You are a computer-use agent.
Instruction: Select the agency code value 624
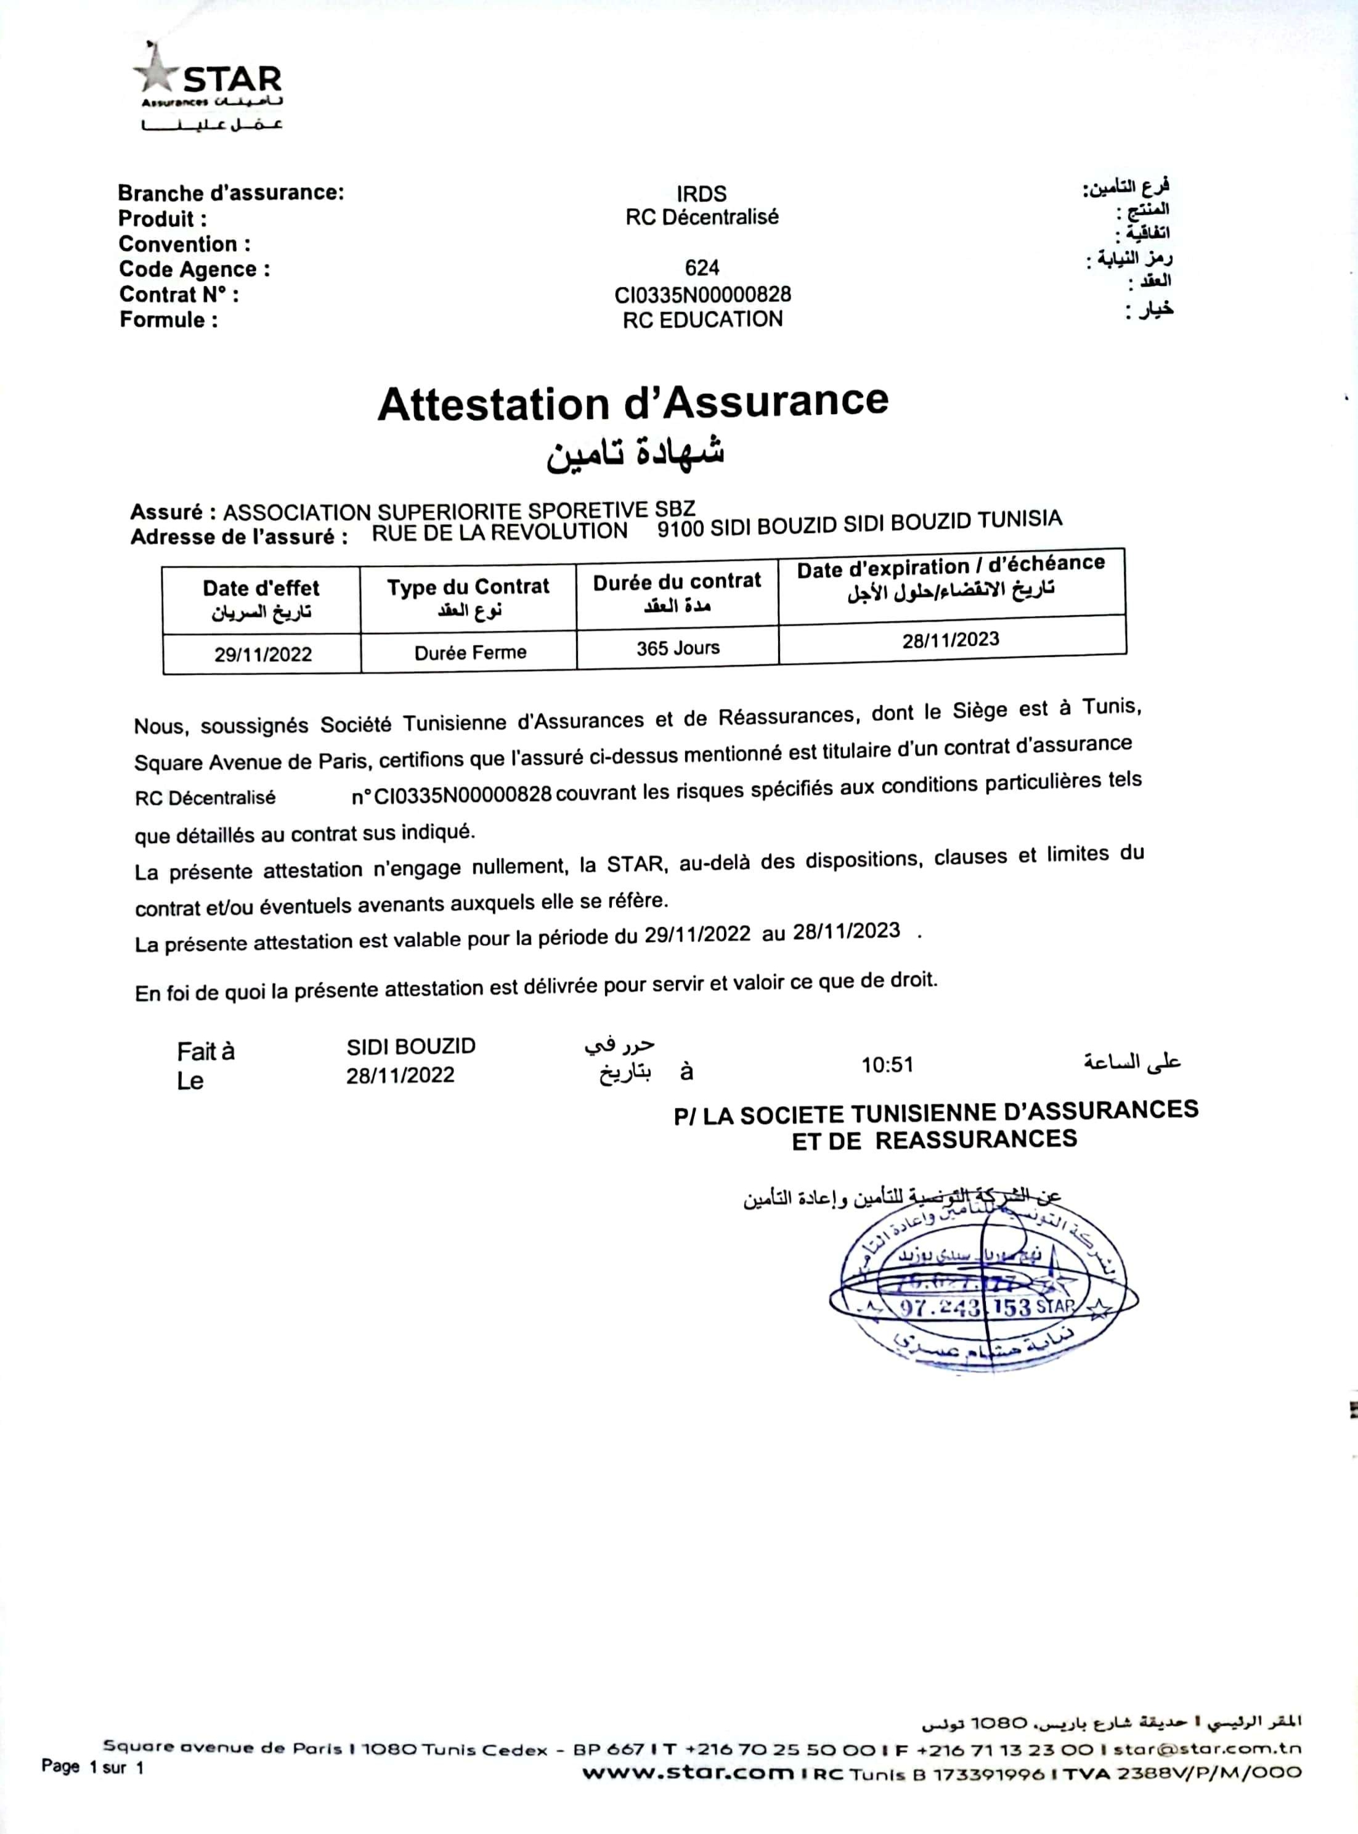pos(701,267)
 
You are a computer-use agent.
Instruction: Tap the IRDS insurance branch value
pos(701,194)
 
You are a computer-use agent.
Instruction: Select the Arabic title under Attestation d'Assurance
pos(635,453)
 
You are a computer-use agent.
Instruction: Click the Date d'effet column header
pos(261,599)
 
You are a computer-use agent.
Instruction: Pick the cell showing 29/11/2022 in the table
pos(263,654)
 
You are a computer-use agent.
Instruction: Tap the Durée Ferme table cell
pos(470,653)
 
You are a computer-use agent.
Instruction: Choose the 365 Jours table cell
pos(677,648)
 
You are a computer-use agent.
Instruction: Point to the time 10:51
pos(887,1066)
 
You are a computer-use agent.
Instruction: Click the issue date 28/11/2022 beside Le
pos(400,1075)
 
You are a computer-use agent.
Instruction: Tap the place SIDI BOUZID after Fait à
pos(411,1046)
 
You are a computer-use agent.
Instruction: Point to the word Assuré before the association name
pos(167,512)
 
